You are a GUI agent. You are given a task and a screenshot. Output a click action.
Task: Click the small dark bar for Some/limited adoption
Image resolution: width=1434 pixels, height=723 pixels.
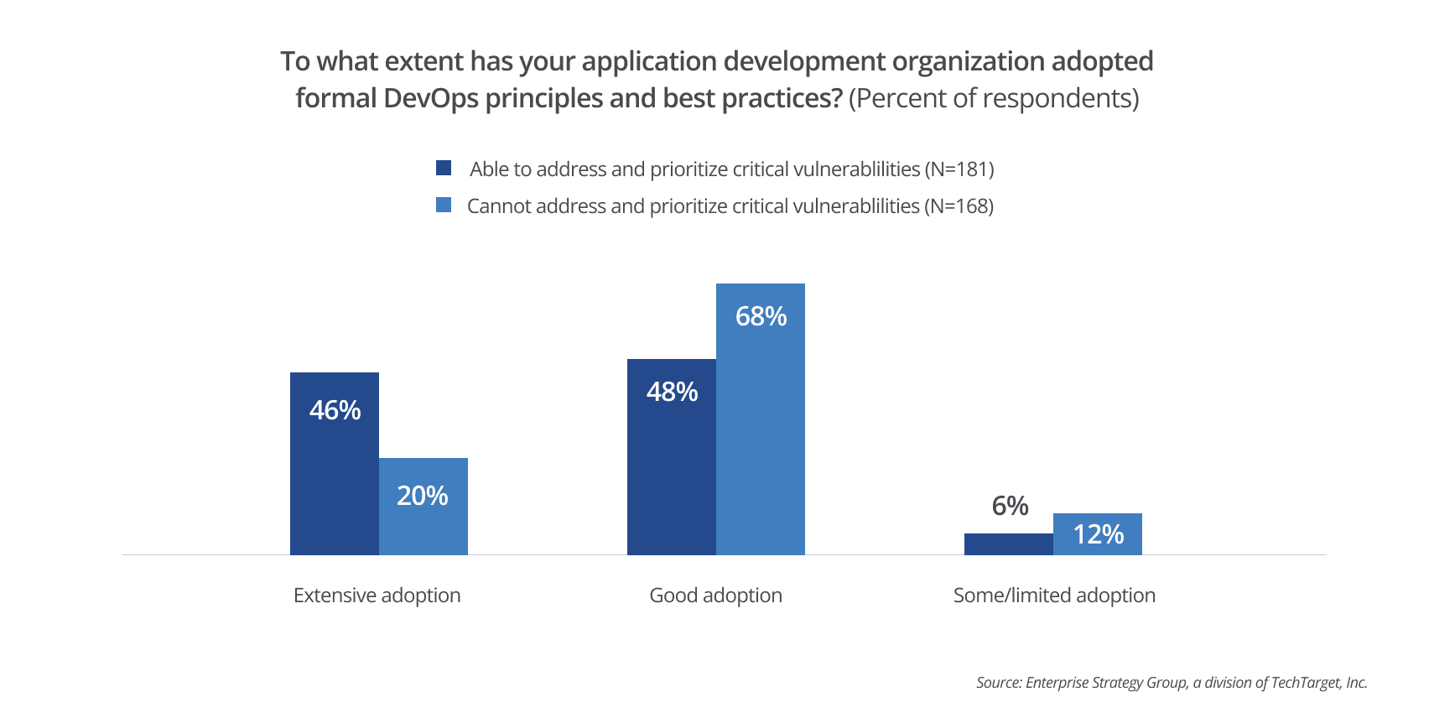(x=1008, y=544)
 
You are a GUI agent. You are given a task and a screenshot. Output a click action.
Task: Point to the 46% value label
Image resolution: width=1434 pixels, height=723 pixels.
(x=335, y=410)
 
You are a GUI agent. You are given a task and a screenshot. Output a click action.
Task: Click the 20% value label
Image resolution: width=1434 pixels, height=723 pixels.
(x=422, y=496)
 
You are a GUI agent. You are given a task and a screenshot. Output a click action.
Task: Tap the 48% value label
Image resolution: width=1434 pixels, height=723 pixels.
(x=672, y=392)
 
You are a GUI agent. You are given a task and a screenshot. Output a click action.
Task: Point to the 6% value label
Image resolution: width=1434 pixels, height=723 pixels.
(x=1010, y=506)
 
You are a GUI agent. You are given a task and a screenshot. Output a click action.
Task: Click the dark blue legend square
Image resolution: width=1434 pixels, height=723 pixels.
(x=444, y=168)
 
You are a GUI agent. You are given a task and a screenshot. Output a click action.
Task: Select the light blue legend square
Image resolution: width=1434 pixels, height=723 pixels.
(x=444, y=205)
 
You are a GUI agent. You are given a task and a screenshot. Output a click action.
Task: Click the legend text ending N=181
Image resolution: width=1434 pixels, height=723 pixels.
(x=731, y=169)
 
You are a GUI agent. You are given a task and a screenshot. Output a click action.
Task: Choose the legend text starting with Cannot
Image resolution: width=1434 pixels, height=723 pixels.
(x=730, y=206)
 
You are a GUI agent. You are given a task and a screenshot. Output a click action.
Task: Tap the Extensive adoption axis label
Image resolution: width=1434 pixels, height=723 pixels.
(x=377, y=596)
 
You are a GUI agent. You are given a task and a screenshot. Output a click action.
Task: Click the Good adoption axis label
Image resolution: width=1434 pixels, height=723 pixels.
(x=715, y=596)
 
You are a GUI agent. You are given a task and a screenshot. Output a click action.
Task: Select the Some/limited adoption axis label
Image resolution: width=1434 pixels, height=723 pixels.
(x=1054, y=596)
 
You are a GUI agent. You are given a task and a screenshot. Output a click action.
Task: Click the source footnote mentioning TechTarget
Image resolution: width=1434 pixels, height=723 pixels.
(x=1172, y=683)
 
